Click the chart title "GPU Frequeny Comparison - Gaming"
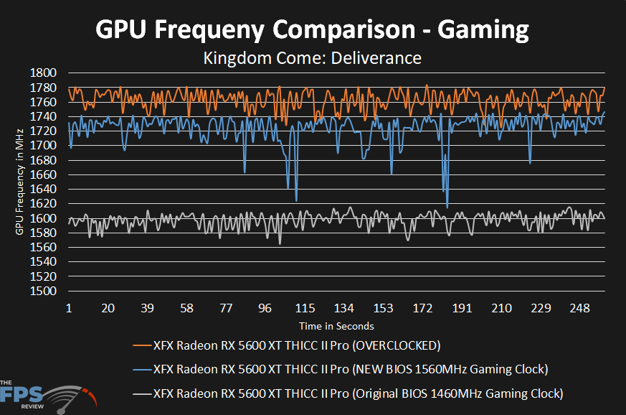coord(313,29)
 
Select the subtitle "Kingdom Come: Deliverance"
coord(313,57)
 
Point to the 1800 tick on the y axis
coord(45,73)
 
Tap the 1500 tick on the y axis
coord(45,292)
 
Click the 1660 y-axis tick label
coord(45,174)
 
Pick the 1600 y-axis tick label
coord(45,218)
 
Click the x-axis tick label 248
coord(579,308)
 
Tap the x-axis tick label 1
coord(69,308)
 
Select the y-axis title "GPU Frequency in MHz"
coord(19,182)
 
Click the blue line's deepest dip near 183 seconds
coord(447,207)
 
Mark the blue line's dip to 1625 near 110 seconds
coord(296,200)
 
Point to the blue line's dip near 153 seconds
coord(392,174)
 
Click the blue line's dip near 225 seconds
coord(530,163)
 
